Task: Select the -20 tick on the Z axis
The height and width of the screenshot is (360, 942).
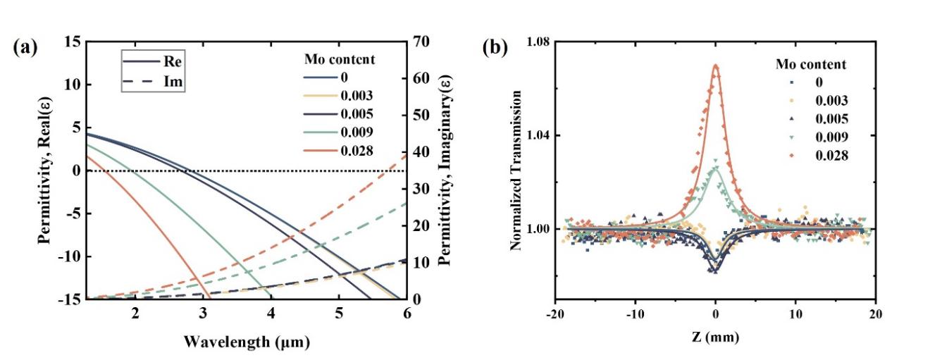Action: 555,315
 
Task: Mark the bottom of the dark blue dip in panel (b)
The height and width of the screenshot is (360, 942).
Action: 714,271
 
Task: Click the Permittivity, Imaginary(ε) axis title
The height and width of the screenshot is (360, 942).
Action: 444,171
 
